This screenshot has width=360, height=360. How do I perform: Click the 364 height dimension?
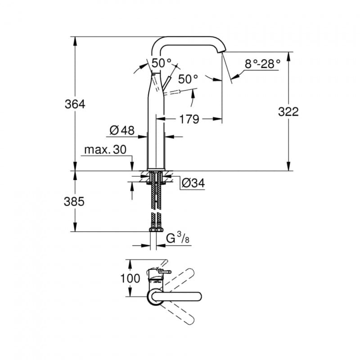[x=75, y=104]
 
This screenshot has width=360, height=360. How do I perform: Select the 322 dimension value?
[x=288, y=112]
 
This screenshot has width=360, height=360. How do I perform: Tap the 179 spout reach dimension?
[x=189, y=119]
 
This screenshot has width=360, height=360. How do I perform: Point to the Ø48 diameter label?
[x=122, y=130]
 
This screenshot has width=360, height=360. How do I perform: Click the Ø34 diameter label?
[x=193, y=183]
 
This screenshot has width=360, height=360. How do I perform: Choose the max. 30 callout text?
[x=105, y=150]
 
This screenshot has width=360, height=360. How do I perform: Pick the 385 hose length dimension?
[x=74, y=202]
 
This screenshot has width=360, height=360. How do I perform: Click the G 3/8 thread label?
[x=178, y=238]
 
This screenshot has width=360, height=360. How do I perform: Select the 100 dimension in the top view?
[x=130, y=279]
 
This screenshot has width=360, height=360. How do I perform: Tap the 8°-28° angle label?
[x=263, y=63]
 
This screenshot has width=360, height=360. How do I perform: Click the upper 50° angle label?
[x=162, y=63]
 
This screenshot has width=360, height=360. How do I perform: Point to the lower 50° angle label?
[x=188, y=79]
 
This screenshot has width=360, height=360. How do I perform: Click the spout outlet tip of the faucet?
[x=222, y=52]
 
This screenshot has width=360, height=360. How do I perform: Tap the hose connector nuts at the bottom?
[x=156, y=229]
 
